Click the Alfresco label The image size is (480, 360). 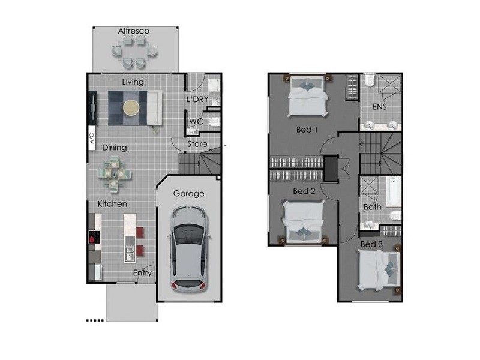coord(133,31)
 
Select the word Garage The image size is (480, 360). coord(189,194)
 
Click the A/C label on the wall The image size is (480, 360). coord(92,139)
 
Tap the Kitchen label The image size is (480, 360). coord(112,204)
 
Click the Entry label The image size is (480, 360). coord(142,274)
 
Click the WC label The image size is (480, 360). coord(196,122)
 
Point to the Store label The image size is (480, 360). coord(197,144)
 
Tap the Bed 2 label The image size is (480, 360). coord(304,191)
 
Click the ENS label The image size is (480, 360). coord(379,107)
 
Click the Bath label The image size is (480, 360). coord(372,207)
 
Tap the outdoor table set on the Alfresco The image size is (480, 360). coord(134,50)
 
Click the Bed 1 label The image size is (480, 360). coord(307,129)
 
